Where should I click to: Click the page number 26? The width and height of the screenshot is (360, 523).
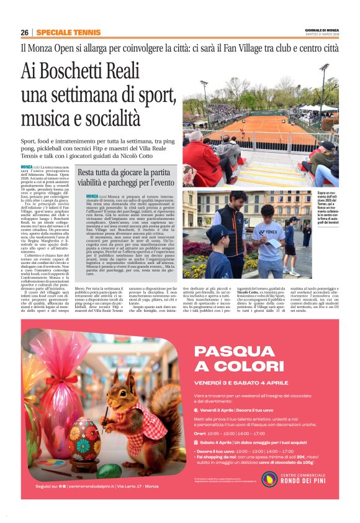[x=24, y=32]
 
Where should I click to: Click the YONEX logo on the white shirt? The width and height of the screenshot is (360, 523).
[x=270, y=232]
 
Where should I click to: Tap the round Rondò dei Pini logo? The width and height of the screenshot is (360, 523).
[x=269, y=478]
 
